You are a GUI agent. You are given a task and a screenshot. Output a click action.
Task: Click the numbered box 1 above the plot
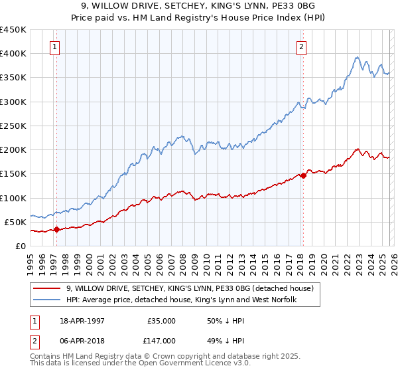pos(54,46)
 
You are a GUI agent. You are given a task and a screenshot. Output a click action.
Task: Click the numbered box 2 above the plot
pos(302,46)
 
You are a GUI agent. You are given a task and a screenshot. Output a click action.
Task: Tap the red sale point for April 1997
pos(56,230)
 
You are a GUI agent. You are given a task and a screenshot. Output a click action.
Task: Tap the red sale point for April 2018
pos(303,175)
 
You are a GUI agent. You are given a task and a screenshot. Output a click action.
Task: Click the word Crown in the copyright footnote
pos(160,357)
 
